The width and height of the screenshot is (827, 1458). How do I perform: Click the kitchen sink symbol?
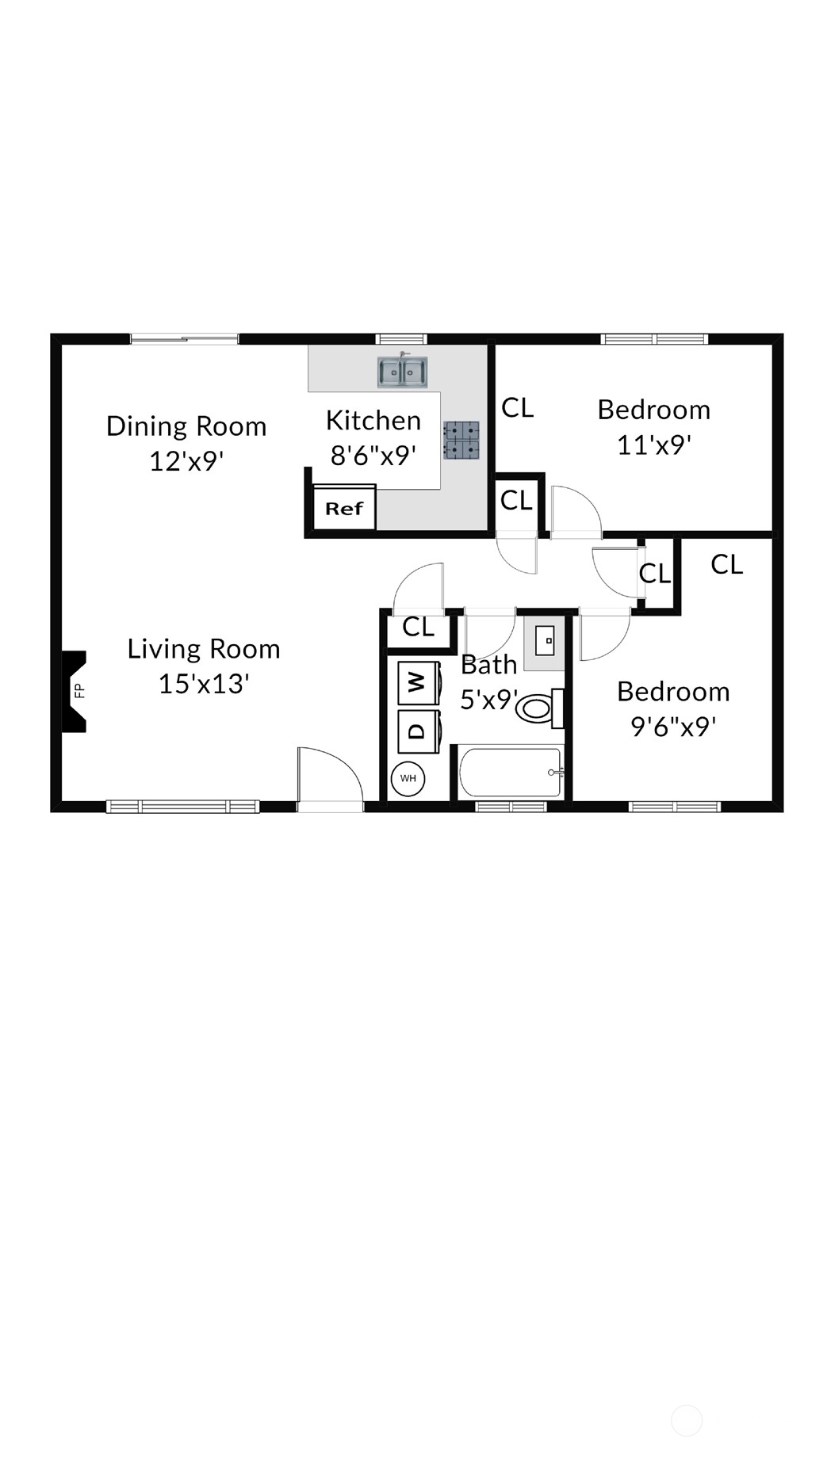[402, 372]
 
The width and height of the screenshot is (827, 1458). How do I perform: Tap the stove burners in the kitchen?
[461, 441]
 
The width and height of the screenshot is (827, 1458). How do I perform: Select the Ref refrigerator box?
[344, 508]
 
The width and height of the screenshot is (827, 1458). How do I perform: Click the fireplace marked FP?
[75, 691]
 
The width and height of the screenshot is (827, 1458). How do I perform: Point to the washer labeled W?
[418, 682]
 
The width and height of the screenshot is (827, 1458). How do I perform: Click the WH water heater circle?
[408, 778]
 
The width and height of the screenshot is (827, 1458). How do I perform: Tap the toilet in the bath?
[539, 708]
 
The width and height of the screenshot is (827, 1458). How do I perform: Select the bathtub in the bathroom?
[511, 773]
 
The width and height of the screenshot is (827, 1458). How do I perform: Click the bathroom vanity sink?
[545, 640]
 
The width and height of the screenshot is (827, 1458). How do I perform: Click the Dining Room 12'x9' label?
[186, 443]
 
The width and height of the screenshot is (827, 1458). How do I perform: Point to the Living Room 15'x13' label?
[204, 666]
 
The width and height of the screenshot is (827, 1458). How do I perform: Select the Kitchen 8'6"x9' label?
[373, 437]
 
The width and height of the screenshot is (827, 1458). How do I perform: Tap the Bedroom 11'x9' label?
[654, 427]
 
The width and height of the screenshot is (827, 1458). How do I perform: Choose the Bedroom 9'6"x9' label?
[673, 708]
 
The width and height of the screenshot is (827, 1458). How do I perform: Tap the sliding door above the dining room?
[184, 339]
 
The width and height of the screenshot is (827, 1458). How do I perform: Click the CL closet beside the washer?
[418, 628]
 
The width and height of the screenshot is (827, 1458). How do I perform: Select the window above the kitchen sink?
[401, 339]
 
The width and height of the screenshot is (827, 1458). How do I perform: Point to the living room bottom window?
[183, 807]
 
